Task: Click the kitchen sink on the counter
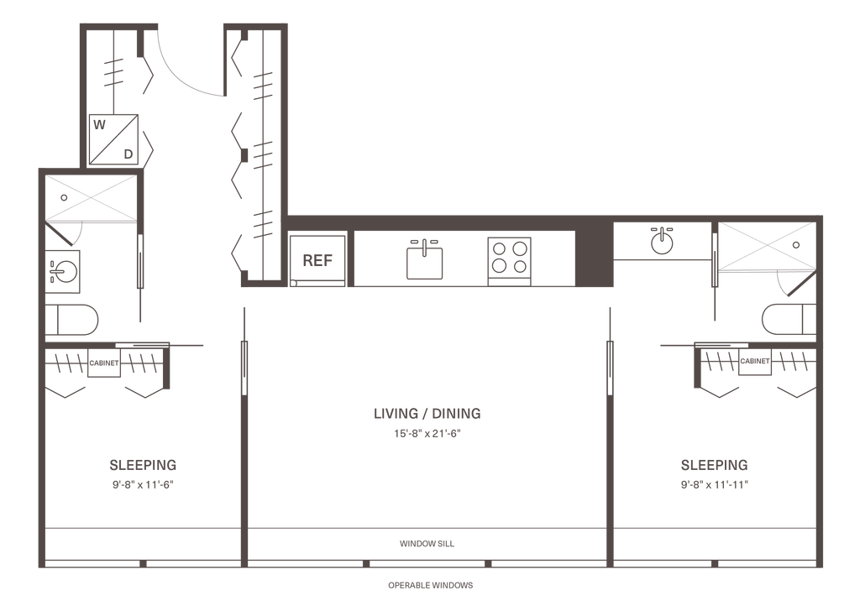424,259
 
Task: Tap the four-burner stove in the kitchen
511,258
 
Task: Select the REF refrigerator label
318,259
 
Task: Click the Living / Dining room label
427,414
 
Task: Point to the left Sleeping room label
143,464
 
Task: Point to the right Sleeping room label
714,464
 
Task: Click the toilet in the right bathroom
787,319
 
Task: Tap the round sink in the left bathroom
64,271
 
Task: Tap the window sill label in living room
427,544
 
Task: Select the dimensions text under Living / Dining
427,434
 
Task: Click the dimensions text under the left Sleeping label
143,484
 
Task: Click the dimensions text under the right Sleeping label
714,484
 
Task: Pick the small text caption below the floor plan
430,584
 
